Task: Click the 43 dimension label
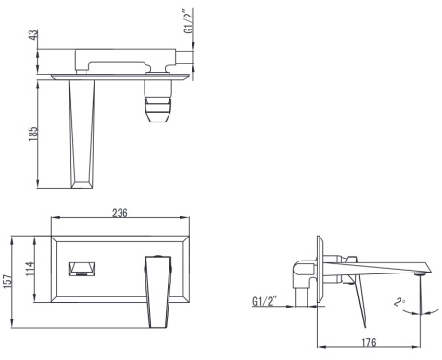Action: pos(34,34)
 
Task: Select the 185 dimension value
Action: pos(32,134)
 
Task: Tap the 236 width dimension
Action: pos(120,213)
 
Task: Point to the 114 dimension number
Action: pos(29,269)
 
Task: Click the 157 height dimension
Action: pos(7,282)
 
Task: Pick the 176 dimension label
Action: pos(368,343)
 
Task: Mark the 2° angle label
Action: pos(400,302)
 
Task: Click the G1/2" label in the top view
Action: pos(189,21)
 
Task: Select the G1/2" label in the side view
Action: pos(265,301)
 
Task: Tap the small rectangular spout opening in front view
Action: pos(82,269)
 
